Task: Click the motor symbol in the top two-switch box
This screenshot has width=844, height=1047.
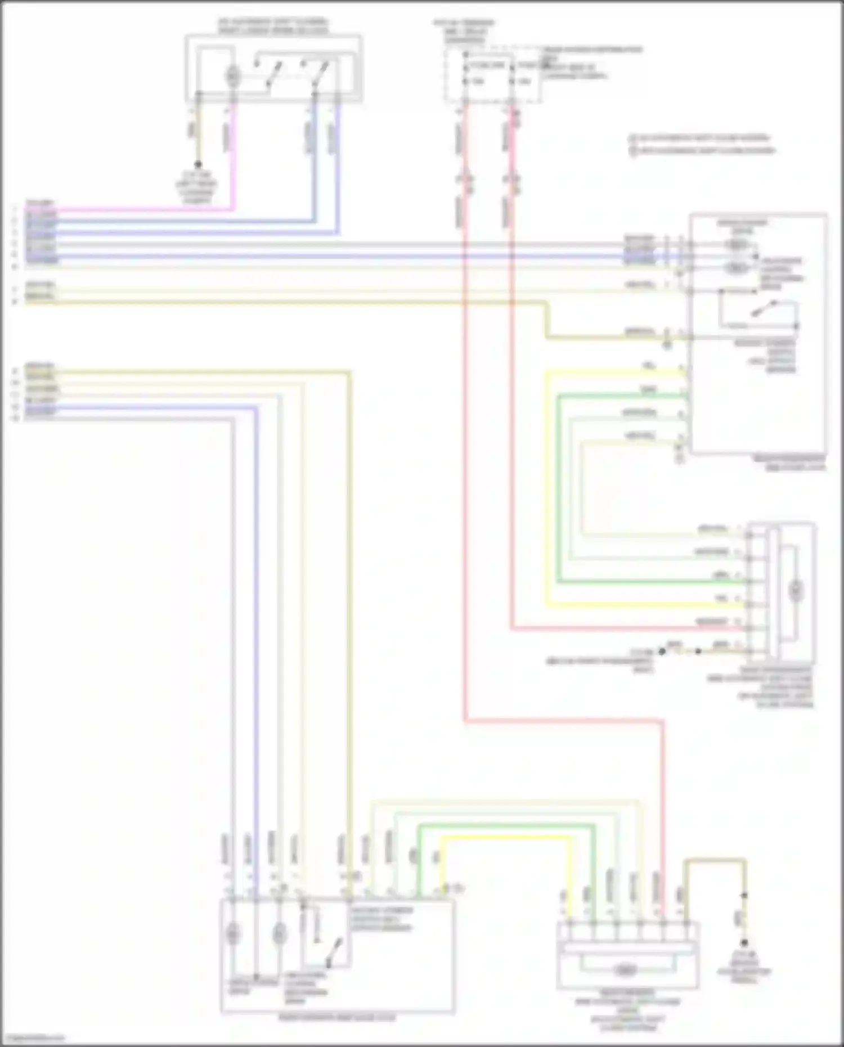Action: [232, 75]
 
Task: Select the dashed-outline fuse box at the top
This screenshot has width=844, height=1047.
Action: [493, 75]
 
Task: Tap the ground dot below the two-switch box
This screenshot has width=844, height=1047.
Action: [198, 165]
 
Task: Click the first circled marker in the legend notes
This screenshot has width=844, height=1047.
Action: [632, 137]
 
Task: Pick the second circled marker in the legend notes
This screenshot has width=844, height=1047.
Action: [632, 150]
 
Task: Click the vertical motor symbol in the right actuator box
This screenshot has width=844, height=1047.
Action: [795, 590]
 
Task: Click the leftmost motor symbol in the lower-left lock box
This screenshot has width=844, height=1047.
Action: [232, 934]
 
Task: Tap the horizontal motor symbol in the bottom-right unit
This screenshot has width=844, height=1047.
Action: [623, 970]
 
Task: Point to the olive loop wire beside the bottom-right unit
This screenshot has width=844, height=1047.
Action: [715, 860]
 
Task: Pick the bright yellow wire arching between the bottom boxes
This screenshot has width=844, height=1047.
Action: [506, 838]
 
